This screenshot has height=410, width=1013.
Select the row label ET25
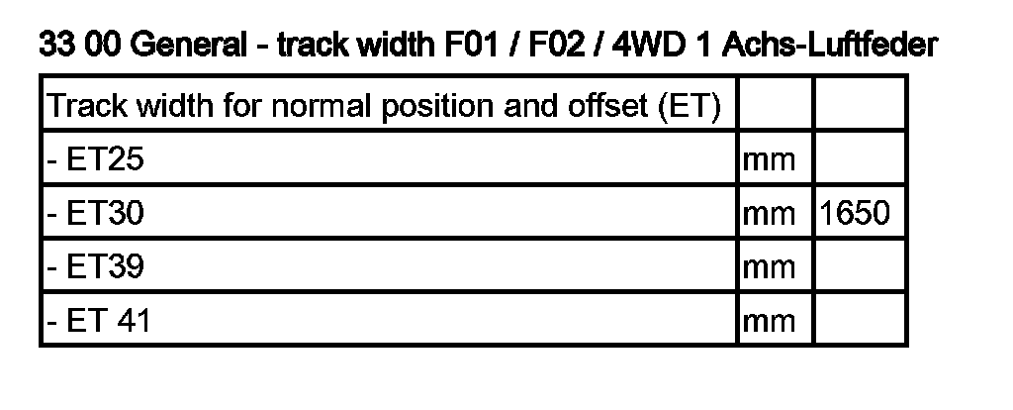[x=95, y=158]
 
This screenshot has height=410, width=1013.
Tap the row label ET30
[x=95, y=212]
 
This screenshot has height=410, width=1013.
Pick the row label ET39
[x=95, y=266]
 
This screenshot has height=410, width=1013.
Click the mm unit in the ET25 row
[x=769, y=159]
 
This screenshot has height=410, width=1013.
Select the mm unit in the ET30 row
[x=769, y=213]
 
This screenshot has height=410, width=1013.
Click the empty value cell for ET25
[x=859, y=158]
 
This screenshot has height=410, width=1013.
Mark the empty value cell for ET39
[x=859, y=266]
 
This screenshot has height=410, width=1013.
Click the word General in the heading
[x=188, y=46]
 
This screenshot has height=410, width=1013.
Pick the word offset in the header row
[x=608, y=105]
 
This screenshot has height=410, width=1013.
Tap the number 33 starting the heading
[x=55, y=46]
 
